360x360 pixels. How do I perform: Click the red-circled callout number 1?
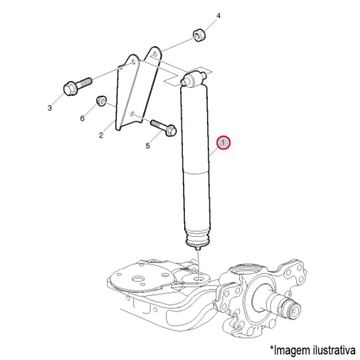click(x=223, y=143)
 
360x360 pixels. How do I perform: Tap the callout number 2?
click(x=101, y=136)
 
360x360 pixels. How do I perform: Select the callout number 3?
click(x=50, y=108)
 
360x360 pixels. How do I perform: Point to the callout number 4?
click(x=218, y=16)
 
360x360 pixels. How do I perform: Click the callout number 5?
click(x=148, y=146)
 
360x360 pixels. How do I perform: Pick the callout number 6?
click(x=82, y=118)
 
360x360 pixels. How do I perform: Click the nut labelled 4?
click(x=199, y=35)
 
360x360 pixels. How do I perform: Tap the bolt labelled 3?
click(x=77, y=87)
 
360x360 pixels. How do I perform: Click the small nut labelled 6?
click(x=101, y=101)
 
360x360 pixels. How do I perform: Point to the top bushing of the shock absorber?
click(x=193, y=79)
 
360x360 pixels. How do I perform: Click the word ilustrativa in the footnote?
click(x=334, y=350)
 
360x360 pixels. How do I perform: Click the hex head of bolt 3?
click(x=69, y=89)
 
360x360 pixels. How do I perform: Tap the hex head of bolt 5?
click(x=170, y=130)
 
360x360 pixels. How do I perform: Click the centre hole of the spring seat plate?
click(x=138, y=279)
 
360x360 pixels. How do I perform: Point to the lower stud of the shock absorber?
click(x=197, y=248)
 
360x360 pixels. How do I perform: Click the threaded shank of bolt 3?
click(x=84, y=83)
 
